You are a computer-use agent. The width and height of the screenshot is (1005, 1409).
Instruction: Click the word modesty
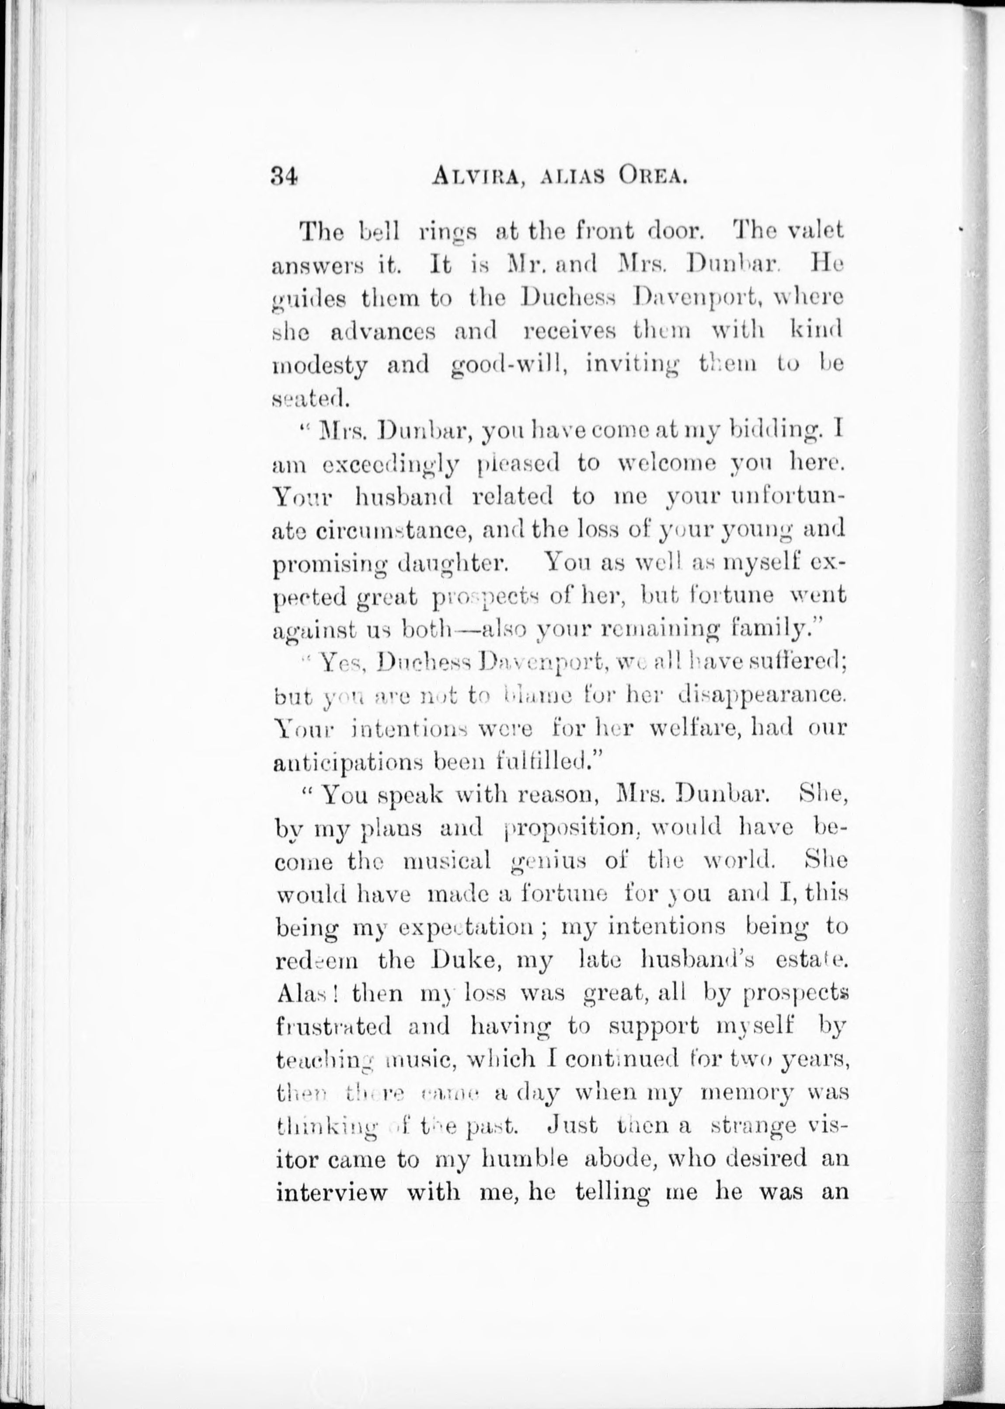click(x=320, y=365)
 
